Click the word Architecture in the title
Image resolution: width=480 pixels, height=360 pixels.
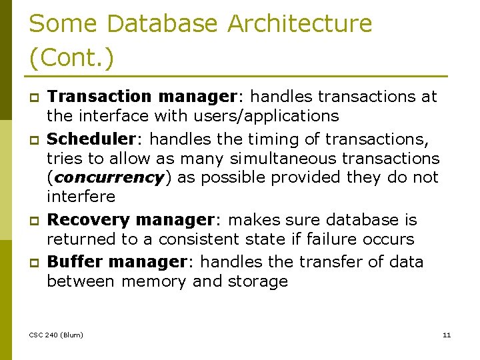(x=299, y=23)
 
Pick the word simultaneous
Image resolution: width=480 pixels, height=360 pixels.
(x=273, y=158)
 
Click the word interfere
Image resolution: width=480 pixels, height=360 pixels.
(x=81, y=197)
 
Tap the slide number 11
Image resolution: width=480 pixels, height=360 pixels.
(x=447, y=335)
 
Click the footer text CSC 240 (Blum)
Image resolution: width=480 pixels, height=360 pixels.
(x=57, y=335)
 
